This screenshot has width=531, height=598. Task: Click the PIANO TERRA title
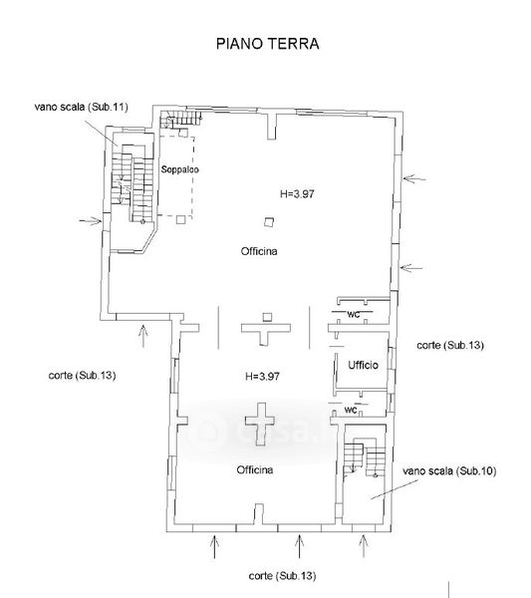pos(268,44)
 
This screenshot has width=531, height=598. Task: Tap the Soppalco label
pos(180,169)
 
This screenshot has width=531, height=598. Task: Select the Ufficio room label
pos(363,365)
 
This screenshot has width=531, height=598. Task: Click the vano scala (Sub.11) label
pos(81,107)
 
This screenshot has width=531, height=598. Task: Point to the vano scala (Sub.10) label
pos(449,471)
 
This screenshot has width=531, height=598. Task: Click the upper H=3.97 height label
pos(297,193)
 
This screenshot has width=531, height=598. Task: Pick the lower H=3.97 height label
pos(263,377)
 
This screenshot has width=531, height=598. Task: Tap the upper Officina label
pos(259,251)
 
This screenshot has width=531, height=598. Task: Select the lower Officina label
pos(255,469)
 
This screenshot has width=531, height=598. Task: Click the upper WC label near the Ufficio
pos(354,315)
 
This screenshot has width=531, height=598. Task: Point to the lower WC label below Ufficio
pos(351,410)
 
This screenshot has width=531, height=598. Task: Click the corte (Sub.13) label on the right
pos(450,345)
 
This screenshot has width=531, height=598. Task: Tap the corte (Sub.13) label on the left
pos(82,376)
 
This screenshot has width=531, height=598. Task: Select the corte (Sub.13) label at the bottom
pos(283,575)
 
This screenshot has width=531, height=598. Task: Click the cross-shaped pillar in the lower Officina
pos(260,425)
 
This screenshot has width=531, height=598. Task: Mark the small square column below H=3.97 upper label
pos(270,222)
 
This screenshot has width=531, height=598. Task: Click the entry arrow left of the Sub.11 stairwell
pos(91,221)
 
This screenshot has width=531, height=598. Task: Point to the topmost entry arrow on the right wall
pos(414,178)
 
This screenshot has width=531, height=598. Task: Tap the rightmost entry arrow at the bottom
pos(364,546)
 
